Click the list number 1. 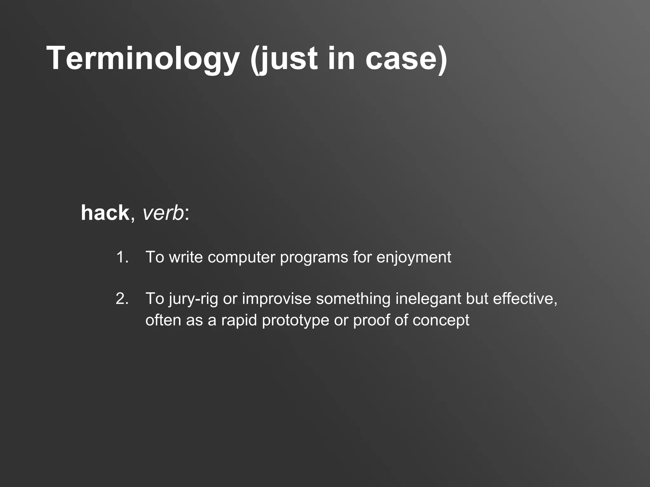pyautogui.click(x=122, y=257)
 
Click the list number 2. pyautogui.click(x=122, y=299)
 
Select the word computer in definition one pyautogui.click(x=242, y=257)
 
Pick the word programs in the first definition pyautogui.click(x=314, y=257)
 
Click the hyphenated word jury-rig pyautogui.click(x=193, y=299)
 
